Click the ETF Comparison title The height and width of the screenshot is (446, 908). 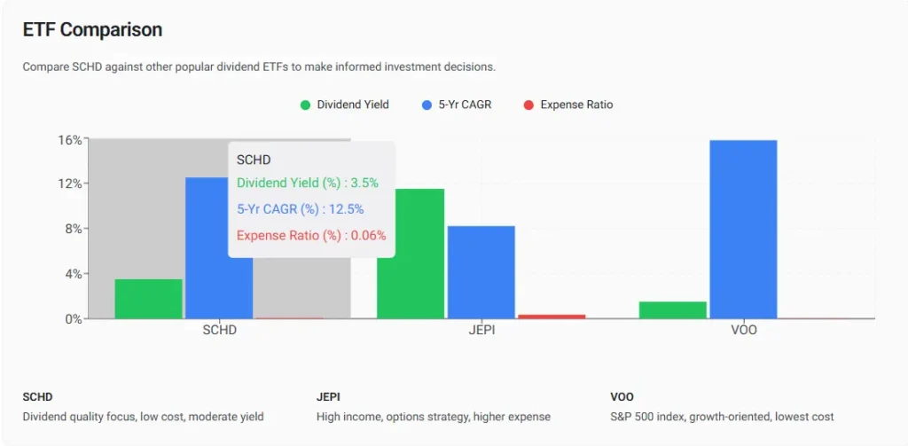point(92,30)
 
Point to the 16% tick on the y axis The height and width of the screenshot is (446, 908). point(70,140)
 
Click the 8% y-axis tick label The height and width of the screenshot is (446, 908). point(73,229)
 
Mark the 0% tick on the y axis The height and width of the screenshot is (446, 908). point(73,318)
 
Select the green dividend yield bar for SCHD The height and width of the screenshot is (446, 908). point(149,299)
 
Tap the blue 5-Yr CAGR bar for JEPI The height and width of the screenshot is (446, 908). point(481,272)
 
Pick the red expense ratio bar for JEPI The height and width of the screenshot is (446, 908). point(552,316)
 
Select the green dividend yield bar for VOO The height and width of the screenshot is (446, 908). point(673,309)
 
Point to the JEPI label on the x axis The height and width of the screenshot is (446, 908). point(481,331)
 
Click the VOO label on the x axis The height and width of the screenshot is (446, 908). point(743,331)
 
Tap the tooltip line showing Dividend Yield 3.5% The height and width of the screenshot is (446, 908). point(307,183)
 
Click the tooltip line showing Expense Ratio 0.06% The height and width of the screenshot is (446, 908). point(310,236)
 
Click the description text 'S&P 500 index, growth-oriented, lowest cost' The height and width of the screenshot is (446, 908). point(722,417)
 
